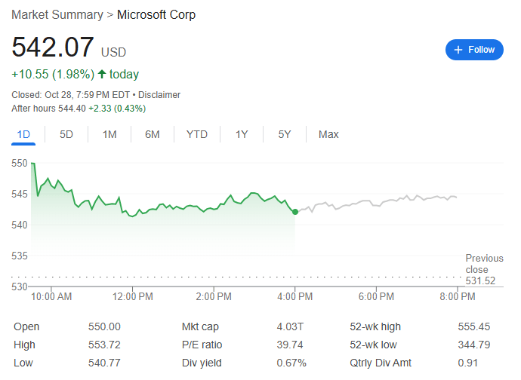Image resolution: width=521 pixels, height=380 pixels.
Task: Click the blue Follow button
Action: pos(474,50)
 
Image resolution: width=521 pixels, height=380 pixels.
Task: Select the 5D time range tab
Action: pos(66,134)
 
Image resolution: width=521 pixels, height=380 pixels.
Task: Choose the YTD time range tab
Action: pos(197,134)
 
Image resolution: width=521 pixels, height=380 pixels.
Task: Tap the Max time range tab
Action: pos(328,134)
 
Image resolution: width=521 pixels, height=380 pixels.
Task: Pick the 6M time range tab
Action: pos(153,134)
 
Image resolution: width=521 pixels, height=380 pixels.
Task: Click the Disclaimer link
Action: pos(159,95)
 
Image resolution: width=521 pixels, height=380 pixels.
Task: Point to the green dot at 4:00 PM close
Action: pos(294,212)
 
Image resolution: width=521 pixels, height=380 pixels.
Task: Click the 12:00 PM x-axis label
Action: pos(133,297)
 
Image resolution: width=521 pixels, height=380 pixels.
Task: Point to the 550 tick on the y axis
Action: pos(20,163)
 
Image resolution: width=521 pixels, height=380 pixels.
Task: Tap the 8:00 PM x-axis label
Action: pos(458,297)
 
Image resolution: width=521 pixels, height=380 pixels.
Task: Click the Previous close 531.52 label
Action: pos(484,269)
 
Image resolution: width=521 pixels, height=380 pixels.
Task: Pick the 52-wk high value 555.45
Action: pos(474,326)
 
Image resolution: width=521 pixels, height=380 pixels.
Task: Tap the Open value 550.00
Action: pos(104,326)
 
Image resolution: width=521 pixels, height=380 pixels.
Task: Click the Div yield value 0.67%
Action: pos(291,363)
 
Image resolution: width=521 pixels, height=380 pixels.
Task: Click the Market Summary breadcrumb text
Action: pos(57,15)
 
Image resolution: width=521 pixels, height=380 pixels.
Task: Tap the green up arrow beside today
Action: pos(102,74)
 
